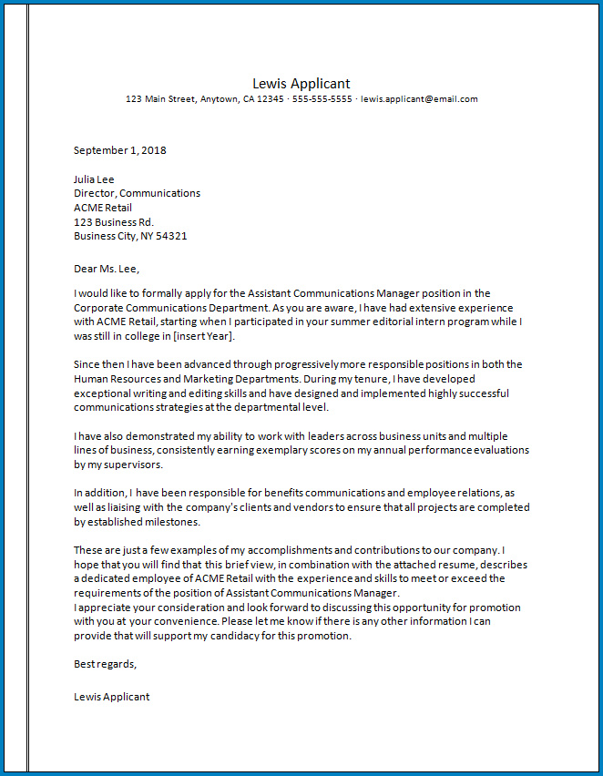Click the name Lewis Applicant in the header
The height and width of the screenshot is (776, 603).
pos(301,84)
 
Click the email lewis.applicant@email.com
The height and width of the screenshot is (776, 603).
pos(419,99)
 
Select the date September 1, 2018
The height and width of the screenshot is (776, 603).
pos(120,150)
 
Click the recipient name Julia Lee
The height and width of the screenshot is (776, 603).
pos(94,179)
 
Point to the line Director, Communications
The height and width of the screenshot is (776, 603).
pos(137,193)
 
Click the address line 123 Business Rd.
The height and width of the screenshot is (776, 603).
pos(114,222)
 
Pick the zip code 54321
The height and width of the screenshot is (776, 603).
pos(172,237)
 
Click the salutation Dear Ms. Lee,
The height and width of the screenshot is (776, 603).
pos(107,269)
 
